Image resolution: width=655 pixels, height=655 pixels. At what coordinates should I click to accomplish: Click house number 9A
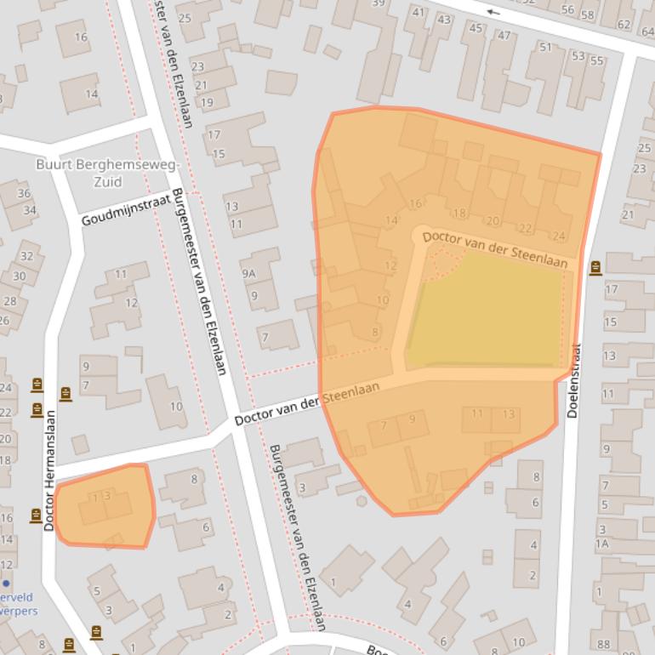tap(248, 274)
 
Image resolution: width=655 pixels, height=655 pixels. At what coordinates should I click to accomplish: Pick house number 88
tap(603, 644)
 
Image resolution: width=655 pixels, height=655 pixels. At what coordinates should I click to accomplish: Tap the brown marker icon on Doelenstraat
tap(595, 268)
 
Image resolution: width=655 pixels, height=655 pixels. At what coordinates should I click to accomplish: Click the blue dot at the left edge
tap(6, 584)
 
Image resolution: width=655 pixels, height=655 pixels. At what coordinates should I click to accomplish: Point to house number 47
tap(504, 35)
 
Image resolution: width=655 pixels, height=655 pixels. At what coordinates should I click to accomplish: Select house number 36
tap(24, 194)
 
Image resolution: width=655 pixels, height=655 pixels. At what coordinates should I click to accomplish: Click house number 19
tap(206, 103)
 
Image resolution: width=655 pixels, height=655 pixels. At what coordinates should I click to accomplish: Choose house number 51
tap(545, 47)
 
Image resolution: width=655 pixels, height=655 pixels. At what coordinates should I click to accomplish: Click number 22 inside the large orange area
tap(526, 228)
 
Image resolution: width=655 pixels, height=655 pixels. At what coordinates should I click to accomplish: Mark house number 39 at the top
tap(379, 3)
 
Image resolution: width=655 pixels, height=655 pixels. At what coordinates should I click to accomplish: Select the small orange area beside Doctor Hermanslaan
tap(106, 508)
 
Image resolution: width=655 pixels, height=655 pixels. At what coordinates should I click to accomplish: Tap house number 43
tap(444, 20)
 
